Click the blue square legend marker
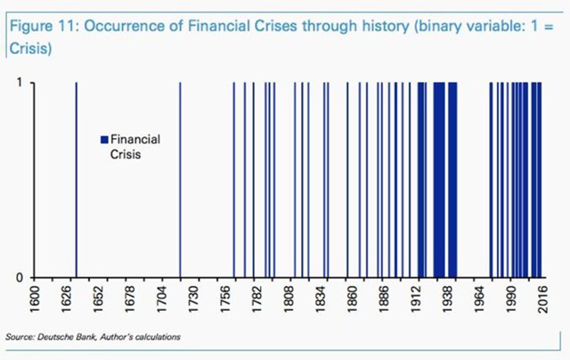103,139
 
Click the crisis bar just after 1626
76,178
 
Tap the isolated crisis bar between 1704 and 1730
181,178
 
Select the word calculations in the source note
156,337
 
